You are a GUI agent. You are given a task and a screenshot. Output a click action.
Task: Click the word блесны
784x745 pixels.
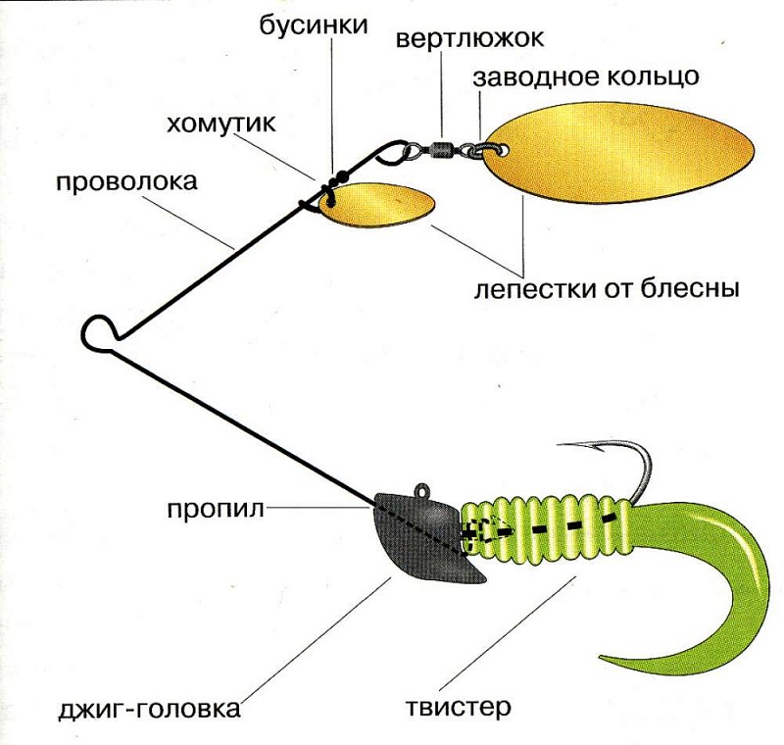693,290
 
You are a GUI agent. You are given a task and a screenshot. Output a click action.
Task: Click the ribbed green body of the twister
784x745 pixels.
549,529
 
